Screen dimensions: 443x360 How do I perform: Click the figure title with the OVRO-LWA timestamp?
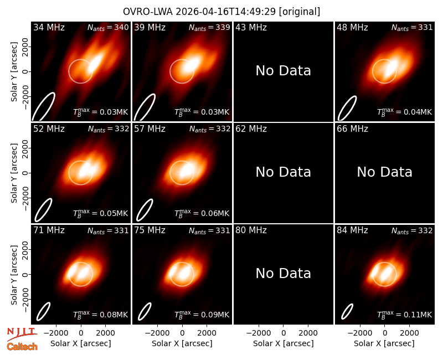coord(221,12)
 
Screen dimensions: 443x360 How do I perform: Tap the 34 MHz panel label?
coord(49,27)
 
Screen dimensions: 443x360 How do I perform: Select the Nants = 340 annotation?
coord(108,27)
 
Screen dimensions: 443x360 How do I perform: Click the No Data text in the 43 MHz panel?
coord(284,71)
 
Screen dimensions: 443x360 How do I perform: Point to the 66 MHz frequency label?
coord(352,129)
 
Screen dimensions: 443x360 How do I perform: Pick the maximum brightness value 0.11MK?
coord(405,315)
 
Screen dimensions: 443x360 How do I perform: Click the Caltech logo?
coord(22,347)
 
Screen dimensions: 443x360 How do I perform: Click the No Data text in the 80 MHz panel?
coord(284,274)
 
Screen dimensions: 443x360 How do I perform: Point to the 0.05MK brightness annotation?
coord(101,213)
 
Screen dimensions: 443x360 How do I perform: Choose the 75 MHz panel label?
coord(150,230)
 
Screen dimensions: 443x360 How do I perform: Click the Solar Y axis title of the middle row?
coord(14,173)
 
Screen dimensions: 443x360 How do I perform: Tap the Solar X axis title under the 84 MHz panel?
coord(384,343)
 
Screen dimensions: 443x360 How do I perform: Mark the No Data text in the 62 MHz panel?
coord(284,172)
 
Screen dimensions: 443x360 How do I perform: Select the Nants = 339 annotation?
coord(209,27)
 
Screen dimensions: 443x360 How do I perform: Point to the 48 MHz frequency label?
coord(352,27)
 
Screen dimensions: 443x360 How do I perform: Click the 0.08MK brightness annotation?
coord(101,315)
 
